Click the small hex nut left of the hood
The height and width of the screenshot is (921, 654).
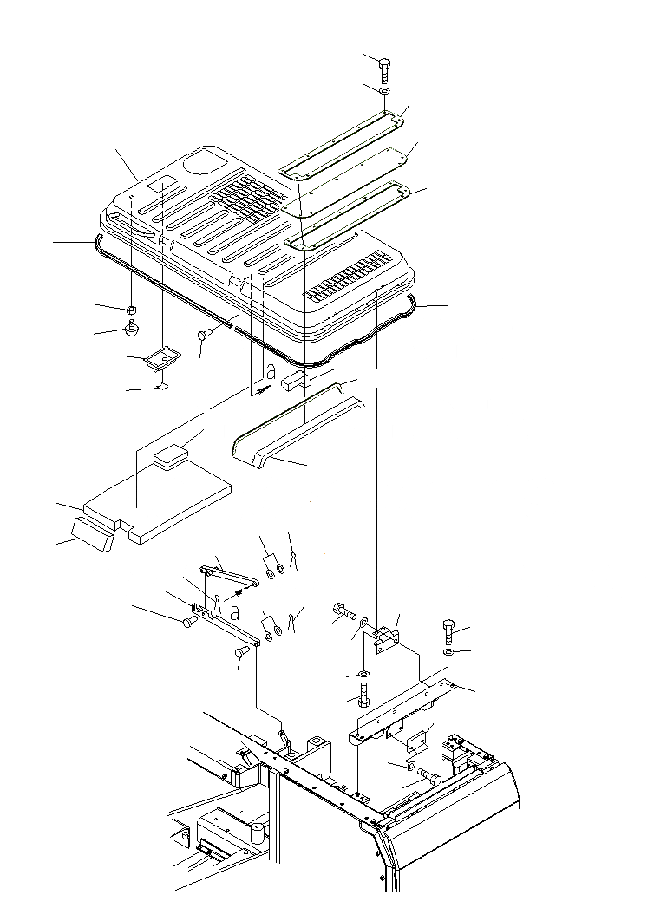pyautogui.click(x=130, y=310)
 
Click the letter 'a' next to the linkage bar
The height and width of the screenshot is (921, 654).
pyautogui.click(x=235, y=612)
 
